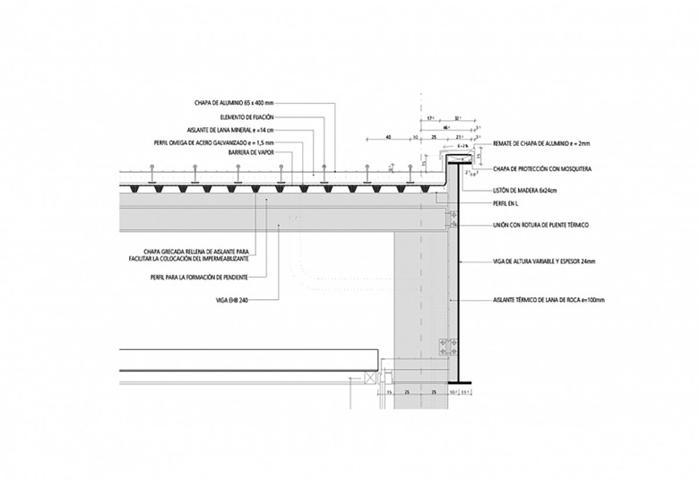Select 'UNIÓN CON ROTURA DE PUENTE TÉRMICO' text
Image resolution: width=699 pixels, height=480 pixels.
[546, 225]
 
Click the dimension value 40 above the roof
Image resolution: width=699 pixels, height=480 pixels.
[388, 138]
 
